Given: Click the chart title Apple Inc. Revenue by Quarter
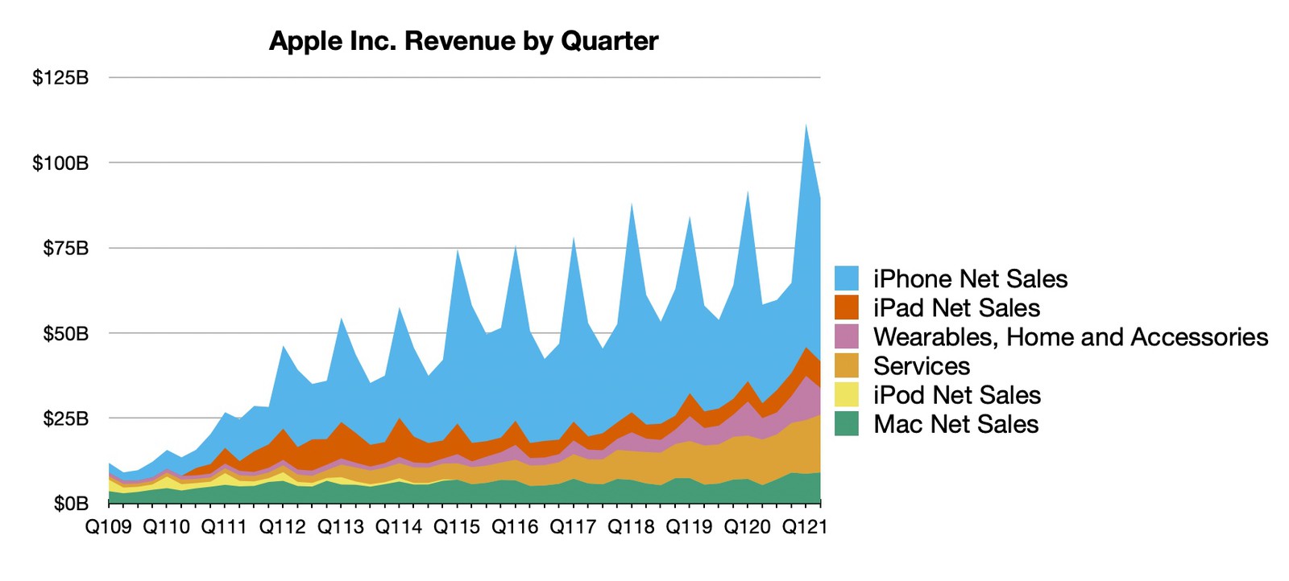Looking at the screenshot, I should pyautogui.click(x=463, y=40).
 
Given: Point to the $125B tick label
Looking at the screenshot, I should pyautogui.click(x=60, y=78).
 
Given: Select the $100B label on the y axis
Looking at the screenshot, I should pyautogui.click(x=60, y=163).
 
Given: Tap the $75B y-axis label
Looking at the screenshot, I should pyautogui.click(x=65, y=248).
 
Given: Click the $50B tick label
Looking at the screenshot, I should pyautogui.click(x=65, y=333).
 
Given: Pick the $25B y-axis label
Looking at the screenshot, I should pyautogui.click(x=65, y=418).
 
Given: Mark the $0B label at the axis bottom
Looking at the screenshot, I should pyautogui.click(x=71, y=504).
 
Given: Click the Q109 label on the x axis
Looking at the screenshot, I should pyautogui.click(x=109, y=527).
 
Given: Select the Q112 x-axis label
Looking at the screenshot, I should pyautogui.click(x=283, y=527).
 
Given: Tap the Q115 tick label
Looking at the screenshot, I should pyautogui.click(x=457, y=527).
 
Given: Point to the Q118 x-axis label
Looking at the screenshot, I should pyautogui.click(x=631, y=527).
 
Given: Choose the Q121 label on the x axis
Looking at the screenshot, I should pyautogui.click(x=805, y=527).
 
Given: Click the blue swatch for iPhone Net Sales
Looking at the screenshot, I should pyautogui.click(x=847, y=278).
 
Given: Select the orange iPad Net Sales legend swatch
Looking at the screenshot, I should pyautogui.click(x=847, y=307).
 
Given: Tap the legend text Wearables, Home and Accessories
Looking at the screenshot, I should pyautogui.click(x=1071, y=336).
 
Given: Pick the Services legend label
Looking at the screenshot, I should pyautogui.click(x=922, y=366).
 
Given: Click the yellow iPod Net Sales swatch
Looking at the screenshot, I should pyautogui.click(x=847, y=395).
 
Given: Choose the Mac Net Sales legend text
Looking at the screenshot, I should pyautogui.click(x=956, y=424).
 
